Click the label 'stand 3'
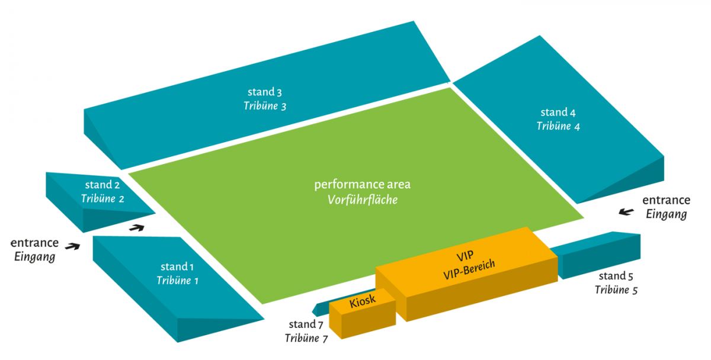point(264,92)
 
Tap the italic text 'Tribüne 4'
point(558,126)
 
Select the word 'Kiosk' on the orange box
point(363,302)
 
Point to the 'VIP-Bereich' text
point(469,269)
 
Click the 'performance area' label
point(362,184)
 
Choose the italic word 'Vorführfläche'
point(363,200)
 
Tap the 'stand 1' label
point(177,266)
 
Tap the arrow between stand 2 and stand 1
point(137,227)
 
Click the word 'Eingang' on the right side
point(666,214)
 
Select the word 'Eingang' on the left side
point(34,257)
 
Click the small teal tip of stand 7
point(319,308)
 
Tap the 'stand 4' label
point(558,112)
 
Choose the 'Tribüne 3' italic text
point(265,106)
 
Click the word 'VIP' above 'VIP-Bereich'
point(465,256)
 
